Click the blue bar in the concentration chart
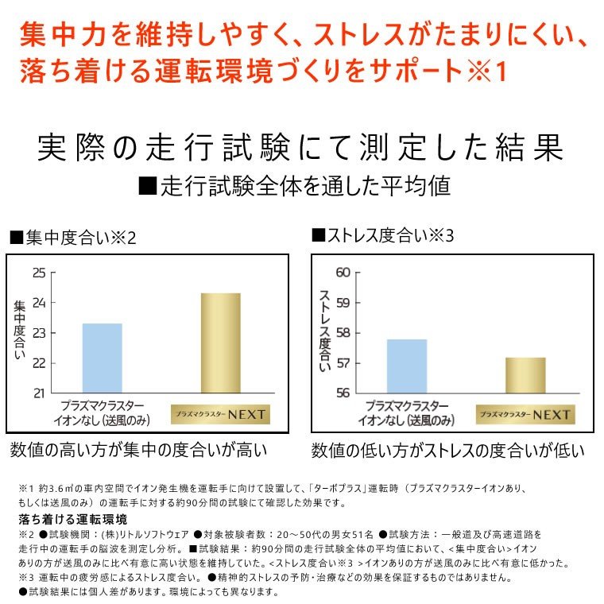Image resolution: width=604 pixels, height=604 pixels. pos(103,358)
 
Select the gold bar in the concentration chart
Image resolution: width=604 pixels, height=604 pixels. pos(221,343)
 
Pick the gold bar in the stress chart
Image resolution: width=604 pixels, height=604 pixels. pos(525,375)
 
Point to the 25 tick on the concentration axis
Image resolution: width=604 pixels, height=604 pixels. pos(39,273)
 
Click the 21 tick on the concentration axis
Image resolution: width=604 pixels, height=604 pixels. pos(39,393)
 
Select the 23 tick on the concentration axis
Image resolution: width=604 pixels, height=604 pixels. pos(39,333)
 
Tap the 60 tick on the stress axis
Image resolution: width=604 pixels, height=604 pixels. pos(343,273)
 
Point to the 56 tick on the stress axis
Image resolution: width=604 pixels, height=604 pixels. pos(343,393)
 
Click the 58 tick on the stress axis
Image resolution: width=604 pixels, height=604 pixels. pos(343,333)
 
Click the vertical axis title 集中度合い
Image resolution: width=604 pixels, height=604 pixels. pos(20,331)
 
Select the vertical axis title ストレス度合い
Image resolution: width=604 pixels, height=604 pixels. pos(324,331)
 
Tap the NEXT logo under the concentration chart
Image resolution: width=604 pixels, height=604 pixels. pos(221,414)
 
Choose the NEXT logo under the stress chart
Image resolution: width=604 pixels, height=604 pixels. pos(525,414)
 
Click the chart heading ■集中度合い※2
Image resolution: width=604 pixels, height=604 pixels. pos(73,238)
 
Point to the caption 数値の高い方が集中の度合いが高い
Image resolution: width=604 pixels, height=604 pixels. pos(138,451)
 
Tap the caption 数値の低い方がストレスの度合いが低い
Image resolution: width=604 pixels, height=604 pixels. pos(447,451)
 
